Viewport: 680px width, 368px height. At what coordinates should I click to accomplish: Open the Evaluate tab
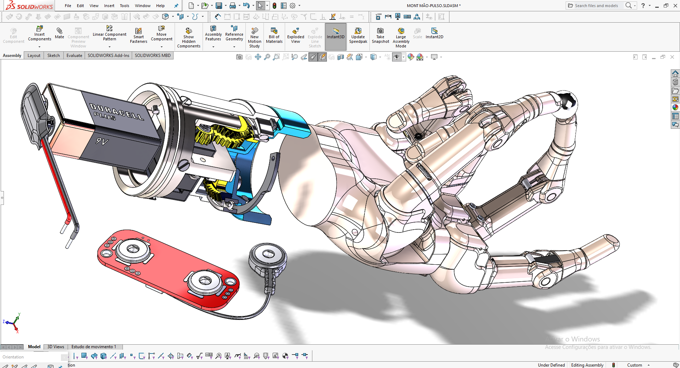[74, 56]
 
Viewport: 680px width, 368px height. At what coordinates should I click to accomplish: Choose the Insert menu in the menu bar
[109, 6]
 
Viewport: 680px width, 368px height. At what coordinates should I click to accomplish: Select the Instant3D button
[335, 34]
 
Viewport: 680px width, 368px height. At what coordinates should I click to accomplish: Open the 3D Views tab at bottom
[56, 347]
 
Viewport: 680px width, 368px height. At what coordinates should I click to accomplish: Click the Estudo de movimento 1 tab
[93, 347]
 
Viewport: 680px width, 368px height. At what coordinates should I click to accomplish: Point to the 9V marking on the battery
[102, 142]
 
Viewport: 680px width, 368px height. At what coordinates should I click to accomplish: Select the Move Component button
[161, 34]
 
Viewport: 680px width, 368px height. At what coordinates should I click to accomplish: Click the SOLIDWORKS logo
[29, 6]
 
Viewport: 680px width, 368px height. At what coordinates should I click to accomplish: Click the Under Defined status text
[551, 365]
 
